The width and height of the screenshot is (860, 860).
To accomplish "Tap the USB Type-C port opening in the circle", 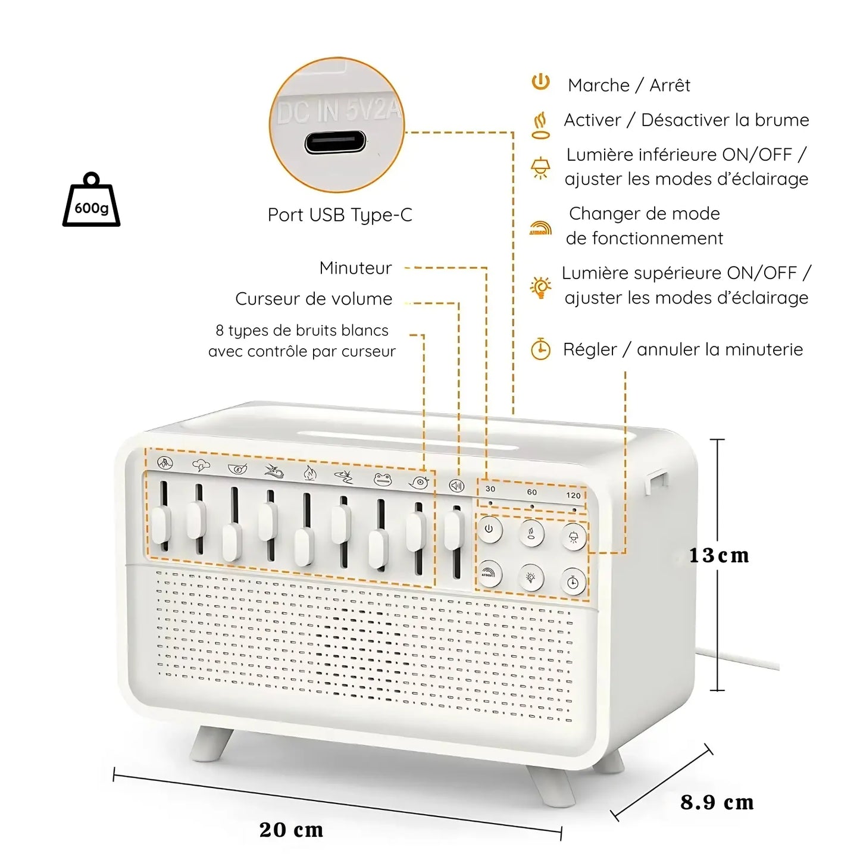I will [335, 143].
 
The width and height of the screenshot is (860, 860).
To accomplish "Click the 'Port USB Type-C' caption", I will [340, 215].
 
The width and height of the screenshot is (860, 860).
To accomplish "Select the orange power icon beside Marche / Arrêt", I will [540, 82].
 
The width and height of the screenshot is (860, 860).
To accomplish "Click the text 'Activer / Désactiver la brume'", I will [686, 120].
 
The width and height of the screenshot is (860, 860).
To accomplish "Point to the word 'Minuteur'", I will [355, 268].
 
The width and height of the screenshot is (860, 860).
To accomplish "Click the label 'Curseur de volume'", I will [314, 299].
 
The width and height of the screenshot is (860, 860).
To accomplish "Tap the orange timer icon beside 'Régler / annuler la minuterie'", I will [540, 349].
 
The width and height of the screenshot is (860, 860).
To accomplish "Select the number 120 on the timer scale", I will [573, 495].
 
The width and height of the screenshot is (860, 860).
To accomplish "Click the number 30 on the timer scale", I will [490, 489].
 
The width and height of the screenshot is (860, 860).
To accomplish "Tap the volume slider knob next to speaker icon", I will [454, 530].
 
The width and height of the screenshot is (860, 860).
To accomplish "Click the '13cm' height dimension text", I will [719, 556].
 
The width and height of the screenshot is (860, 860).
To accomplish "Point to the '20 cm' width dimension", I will [291, 830].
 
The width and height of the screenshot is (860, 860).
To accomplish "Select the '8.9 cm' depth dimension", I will [717, 802].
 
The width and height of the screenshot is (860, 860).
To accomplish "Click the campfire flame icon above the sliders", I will [308, 474].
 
